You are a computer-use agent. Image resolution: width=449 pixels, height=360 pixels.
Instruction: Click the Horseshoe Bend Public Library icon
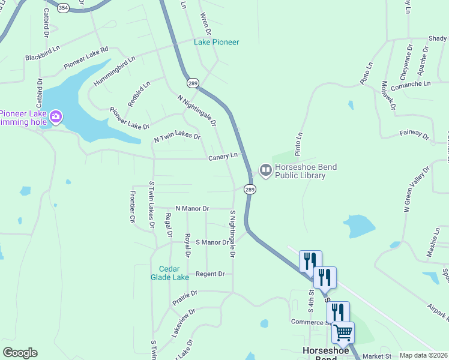coord(265,171)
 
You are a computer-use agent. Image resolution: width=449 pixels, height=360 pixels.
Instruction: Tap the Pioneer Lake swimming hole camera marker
coord(56,116)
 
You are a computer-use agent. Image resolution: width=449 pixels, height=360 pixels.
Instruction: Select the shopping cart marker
coord(343,332)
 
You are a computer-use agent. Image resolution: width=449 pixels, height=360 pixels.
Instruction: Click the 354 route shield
coord(64,8)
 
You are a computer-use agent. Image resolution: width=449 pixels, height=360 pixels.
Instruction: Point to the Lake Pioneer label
coord(216,42)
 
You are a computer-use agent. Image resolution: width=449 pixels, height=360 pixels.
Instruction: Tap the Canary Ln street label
coord(223,157)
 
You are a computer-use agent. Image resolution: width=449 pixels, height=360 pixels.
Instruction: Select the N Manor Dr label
coord(192,209)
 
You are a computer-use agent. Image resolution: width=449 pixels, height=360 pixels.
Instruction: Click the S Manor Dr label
coord(212,242)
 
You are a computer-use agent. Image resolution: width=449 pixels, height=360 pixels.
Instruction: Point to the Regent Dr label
coord(210,274)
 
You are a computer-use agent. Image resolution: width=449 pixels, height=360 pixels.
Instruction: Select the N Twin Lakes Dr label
coord(177,137)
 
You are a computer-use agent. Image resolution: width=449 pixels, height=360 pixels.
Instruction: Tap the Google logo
coord(20,353)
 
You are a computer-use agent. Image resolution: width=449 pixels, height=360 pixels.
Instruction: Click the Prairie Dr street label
coord(185,298)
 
